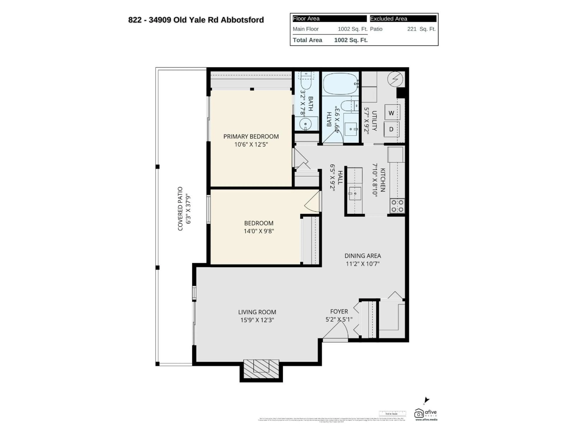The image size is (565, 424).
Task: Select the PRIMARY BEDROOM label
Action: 251,136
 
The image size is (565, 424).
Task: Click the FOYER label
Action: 339,312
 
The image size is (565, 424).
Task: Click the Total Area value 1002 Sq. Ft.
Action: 351,40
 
